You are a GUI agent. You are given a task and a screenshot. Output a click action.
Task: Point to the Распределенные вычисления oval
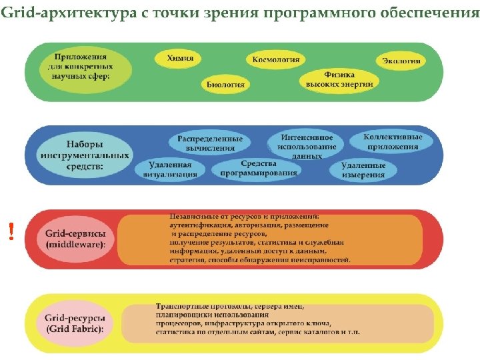(210, 143)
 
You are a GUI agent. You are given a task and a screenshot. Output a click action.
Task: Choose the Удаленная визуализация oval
(167, 170)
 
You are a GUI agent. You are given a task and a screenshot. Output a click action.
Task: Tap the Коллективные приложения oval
(393, 141)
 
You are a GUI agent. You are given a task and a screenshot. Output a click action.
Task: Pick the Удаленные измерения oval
(363, 170)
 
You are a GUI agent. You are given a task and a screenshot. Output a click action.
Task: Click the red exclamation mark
(11, 231)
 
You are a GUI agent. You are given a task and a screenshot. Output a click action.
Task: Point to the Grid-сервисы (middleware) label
(75, 239)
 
